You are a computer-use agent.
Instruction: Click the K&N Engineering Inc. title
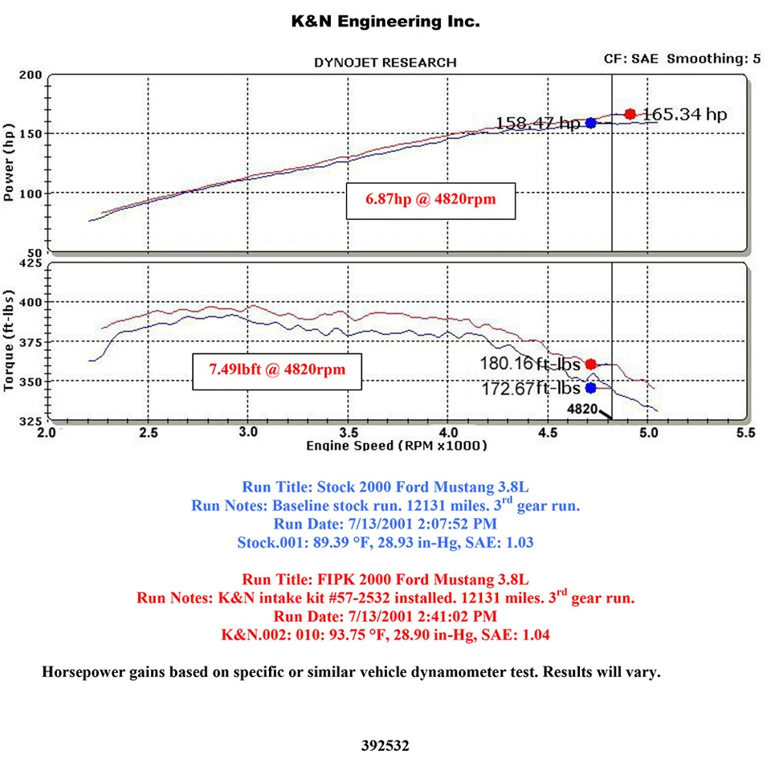(x=385, y=22)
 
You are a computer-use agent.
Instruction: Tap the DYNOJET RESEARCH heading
(x=385, y=62)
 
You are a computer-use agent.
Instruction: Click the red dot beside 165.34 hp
(x=630, y=114)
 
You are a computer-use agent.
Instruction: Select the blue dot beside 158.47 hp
(x=591, y=123)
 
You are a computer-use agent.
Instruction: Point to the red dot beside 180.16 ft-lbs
(x=591, y=364)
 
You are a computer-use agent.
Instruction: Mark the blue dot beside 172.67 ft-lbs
(x=591, y=388)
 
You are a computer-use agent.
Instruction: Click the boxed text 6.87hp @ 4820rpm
(x=430, y=200)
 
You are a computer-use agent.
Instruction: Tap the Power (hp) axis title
(x=10, y=161)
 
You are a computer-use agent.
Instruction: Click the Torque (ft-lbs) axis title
(x=10, y=342)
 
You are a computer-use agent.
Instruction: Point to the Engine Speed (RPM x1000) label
(x=397, y=445)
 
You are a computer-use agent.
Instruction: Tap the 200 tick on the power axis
(x=31, y=75)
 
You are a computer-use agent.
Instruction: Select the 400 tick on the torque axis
(x=31, y=302)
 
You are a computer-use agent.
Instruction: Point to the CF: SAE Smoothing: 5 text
(x=682, y=59)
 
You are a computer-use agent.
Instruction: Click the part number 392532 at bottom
(x=385, y=746)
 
